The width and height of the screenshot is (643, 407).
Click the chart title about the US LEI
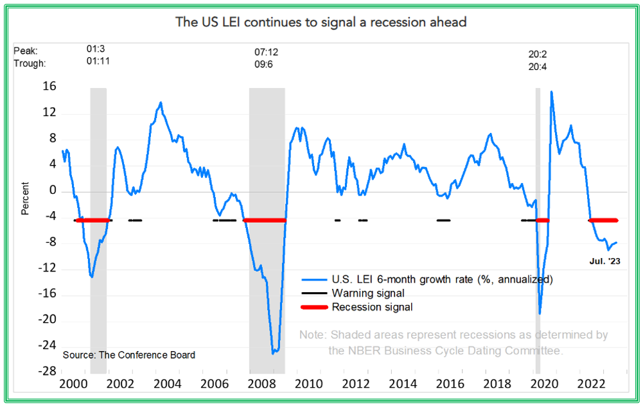click(321, 22)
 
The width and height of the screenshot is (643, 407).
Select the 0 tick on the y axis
click(53, 191)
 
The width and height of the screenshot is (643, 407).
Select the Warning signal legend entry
click(368, 293)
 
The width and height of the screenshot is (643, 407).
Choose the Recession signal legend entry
click(372, 307)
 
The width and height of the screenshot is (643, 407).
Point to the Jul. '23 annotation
click(604, 261)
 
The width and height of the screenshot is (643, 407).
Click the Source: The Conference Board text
click(129, 355)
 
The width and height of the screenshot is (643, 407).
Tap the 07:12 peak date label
click(267, 51)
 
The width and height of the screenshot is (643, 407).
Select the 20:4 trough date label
click(538, 65)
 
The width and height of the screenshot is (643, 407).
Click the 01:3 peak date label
click(96, 49)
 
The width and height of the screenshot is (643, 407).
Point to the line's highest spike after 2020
click(551, 92)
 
